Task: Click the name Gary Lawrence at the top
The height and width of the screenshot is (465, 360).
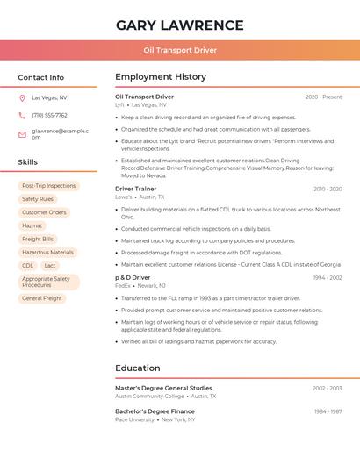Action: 180,25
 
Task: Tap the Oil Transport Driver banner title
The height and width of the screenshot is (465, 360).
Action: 180,50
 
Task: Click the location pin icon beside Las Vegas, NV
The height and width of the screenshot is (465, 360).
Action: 22,97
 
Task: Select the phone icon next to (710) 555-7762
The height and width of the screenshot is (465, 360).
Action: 22,115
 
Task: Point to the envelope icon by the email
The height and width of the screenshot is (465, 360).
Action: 22,133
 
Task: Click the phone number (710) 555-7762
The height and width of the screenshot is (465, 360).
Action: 49,115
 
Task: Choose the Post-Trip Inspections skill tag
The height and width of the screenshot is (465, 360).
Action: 48,186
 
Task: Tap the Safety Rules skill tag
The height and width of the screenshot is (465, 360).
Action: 38,199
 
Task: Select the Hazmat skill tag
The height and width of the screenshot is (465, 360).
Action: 32,225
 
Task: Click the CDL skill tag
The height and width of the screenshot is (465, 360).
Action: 28,265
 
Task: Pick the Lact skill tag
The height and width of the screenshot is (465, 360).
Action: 50,265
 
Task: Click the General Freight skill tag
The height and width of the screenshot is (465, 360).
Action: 42,298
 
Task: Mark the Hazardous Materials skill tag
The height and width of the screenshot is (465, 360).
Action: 47,252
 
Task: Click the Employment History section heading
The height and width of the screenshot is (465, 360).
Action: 161,77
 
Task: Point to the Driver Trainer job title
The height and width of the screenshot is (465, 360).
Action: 136,189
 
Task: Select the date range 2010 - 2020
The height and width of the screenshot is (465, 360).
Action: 328,189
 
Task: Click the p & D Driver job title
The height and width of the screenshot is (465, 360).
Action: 133,277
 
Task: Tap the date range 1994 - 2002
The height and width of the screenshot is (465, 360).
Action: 328,277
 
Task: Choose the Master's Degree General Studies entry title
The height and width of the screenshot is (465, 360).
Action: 163,388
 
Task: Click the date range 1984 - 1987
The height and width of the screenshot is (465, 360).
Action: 328,411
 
